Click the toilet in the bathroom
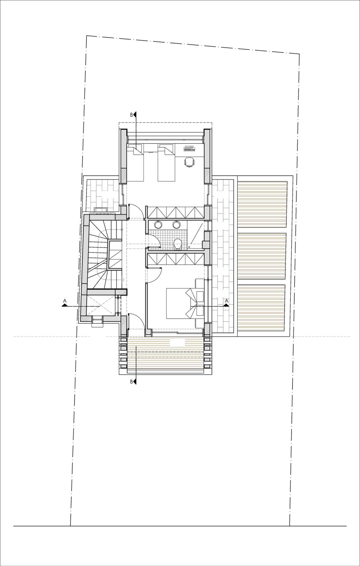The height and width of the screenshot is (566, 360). pos(178,244)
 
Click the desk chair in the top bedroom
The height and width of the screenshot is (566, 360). pos(189,162)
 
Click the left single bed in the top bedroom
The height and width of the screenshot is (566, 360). pos(135,163)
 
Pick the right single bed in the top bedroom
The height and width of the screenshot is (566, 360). pos(166,163)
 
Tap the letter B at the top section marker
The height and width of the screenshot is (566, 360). pos(132,115)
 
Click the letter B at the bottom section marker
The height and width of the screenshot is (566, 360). pos(132,382)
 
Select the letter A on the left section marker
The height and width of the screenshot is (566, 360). pos(65,301)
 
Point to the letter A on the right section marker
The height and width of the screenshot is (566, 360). pos(226,301)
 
